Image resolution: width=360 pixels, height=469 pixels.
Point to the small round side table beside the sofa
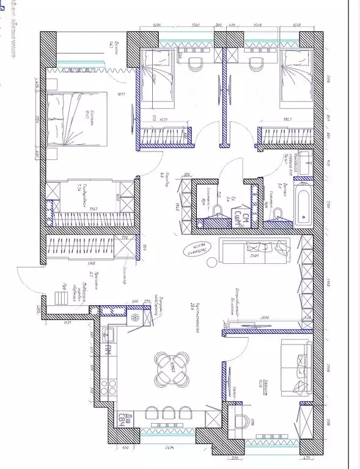211,263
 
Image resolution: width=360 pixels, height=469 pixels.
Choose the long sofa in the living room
253,250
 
